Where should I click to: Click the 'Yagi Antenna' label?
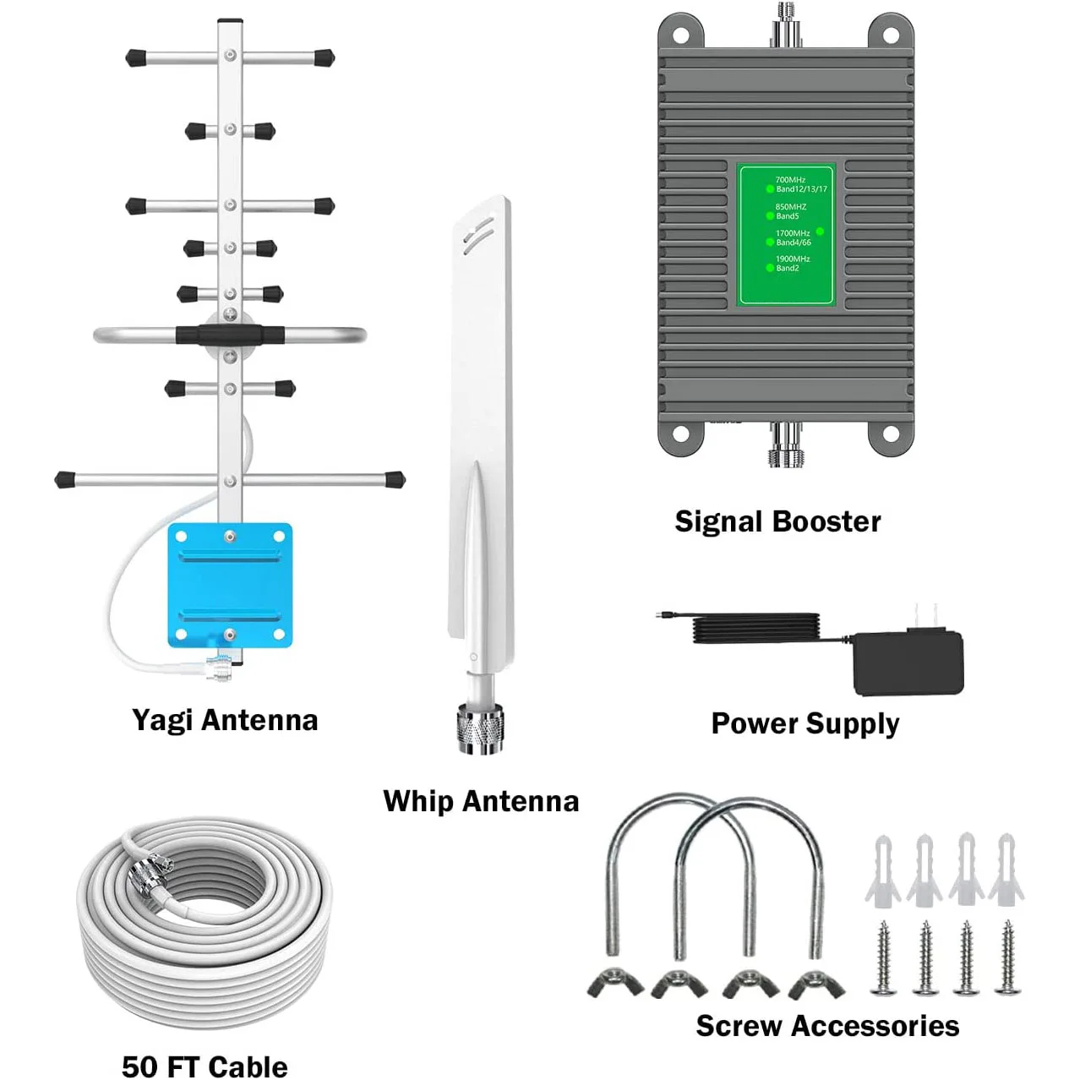pos(225,721)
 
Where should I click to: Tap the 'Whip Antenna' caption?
pos(481,801)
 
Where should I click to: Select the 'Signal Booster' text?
pos(777,521)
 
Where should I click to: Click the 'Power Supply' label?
pos(805,724)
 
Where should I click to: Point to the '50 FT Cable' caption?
pos(205,1066)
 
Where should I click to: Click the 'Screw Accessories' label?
pos(827,1026)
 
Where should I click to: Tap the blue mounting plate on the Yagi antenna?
pos(230,585)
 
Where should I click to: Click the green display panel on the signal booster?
pos(786,235)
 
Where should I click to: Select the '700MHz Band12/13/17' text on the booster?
pos(799,184)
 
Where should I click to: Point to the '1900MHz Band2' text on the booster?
pos(791,264)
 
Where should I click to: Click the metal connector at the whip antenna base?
pos(481,728)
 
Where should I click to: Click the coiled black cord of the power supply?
pos(756,630)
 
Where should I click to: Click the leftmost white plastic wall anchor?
pos(881,870)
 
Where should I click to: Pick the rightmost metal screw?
pos(1007,957)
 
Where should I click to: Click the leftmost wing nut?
pos(615,983)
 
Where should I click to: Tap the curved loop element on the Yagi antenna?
pos(110,335)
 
